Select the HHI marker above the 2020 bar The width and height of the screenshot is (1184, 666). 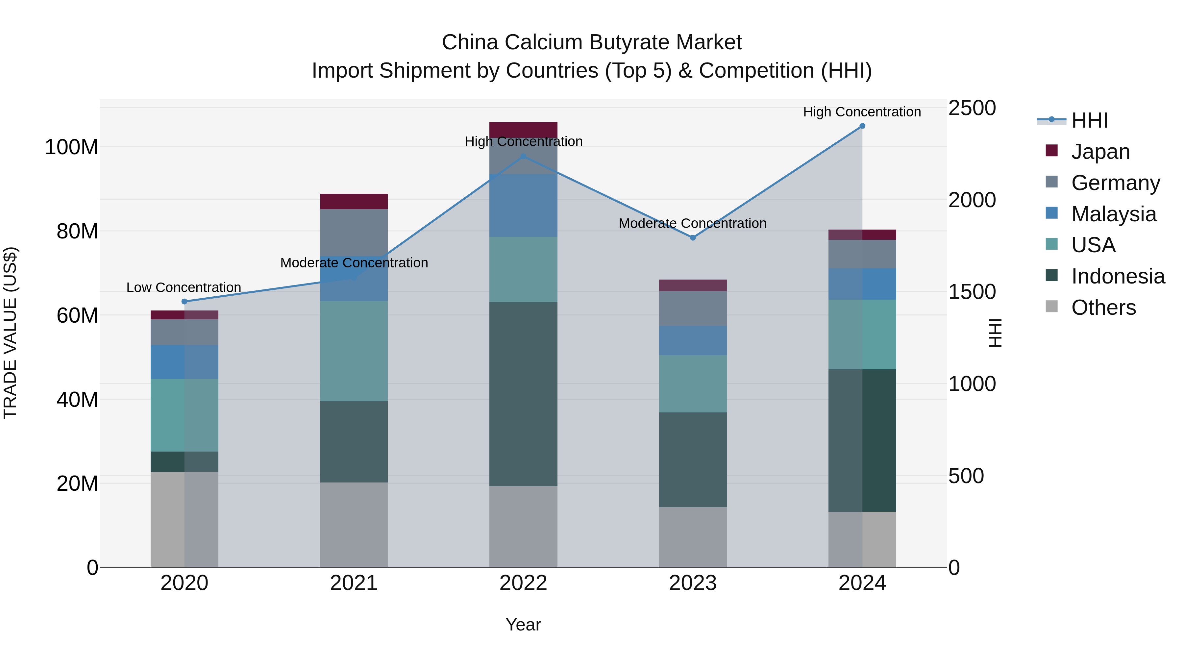coord(184,302)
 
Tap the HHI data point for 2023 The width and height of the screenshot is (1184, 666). coord(693,238)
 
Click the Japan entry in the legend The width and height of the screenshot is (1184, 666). coord(1100,152)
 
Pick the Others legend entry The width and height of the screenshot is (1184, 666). coord(1103,308)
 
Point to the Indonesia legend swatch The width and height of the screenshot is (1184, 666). coord(1051,276)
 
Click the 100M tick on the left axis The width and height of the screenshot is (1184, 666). coord(71,148)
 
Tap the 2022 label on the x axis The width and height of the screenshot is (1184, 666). coord(523,583)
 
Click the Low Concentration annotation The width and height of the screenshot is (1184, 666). coord(184,288)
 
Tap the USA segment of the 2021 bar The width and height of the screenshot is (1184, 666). coord(354,351)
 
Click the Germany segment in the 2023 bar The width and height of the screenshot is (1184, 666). coord(693,308)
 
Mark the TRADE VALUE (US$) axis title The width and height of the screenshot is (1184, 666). coord(10,333)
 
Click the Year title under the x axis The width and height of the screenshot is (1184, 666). coord(523,625)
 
